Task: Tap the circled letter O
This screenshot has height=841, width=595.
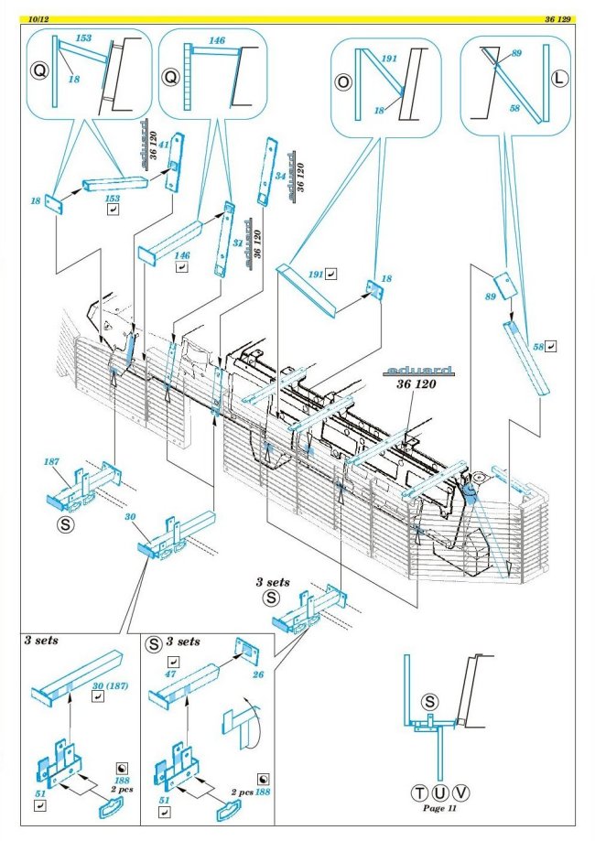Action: tap(344, 81)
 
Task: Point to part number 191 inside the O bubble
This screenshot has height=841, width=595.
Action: tap(388, 59)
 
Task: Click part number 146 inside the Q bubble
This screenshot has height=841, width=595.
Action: tap(217, 42)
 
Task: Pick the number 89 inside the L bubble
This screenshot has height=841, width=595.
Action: tap(516, 54)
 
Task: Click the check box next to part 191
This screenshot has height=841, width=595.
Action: tap(330, 273)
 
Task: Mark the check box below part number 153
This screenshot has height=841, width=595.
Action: tap(113, 210)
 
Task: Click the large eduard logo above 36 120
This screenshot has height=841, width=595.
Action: tap(419, 371)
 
